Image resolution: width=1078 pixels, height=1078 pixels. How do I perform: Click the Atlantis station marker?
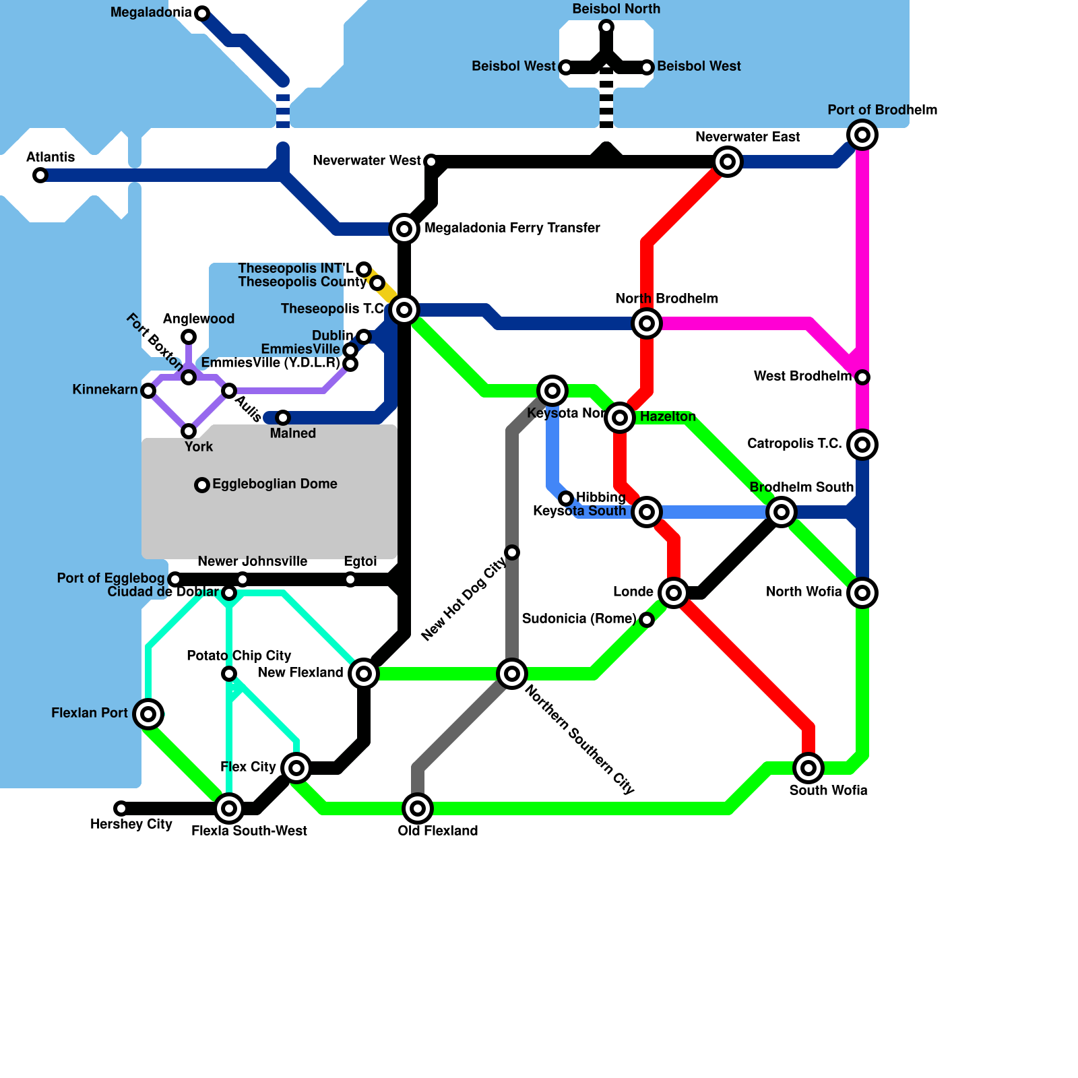pyautogui.click(x=40, y=175)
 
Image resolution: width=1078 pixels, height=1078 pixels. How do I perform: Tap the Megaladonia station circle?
pyautogui.click(x=202, y=13)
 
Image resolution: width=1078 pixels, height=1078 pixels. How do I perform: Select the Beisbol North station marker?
pyautogui.click(x=606, y=27)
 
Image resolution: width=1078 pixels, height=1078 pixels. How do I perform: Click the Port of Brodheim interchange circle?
pyautogui.click(x=862, y=135)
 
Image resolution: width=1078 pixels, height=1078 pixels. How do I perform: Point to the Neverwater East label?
pyautogui.click(x=747, y=137)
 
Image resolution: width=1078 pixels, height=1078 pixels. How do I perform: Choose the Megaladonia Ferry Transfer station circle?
pyautogui.click(x=404, y=229)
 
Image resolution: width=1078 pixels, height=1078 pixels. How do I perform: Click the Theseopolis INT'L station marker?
pyautogui.click(x=364, y=269)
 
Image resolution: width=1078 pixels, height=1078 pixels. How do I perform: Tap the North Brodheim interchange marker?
pyautogui.click(x=647, y=323)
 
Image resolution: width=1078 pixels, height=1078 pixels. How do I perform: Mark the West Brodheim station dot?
pyautogui.click(x=862, y=377)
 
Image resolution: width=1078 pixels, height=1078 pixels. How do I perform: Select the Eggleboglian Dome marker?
pyautogui.click(x=202, y=485)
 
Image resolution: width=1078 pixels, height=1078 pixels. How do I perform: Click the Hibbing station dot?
pyautogui.click(x=566, y=499)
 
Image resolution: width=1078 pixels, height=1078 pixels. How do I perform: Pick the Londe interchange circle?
pyautogui.click(x=674, y=593)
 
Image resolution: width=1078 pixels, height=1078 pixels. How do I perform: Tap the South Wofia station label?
pyautogui.click(x=828, y=790)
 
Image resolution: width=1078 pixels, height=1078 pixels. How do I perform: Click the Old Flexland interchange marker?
pyautogui.click(x=418, y=808)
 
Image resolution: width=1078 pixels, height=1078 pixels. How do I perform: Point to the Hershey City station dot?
pyautogui.click(x=121, y=808)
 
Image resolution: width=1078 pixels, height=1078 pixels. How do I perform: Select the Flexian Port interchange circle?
pyautogui.click(x=148, y=714)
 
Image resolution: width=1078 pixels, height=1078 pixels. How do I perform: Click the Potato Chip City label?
pyautogui.click(x=239, y=656)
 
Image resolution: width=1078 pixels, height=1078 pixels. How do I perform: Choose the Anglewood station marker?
pyautogui.click(x=189, y=337)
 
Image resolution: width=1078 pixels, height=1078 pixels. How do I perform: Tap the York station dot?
pyautogui.click(x=189, y=431)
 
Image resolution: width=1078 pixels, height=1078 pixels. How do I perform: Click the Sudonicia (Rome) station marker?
pyautogui.click(x=647, y=620)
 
